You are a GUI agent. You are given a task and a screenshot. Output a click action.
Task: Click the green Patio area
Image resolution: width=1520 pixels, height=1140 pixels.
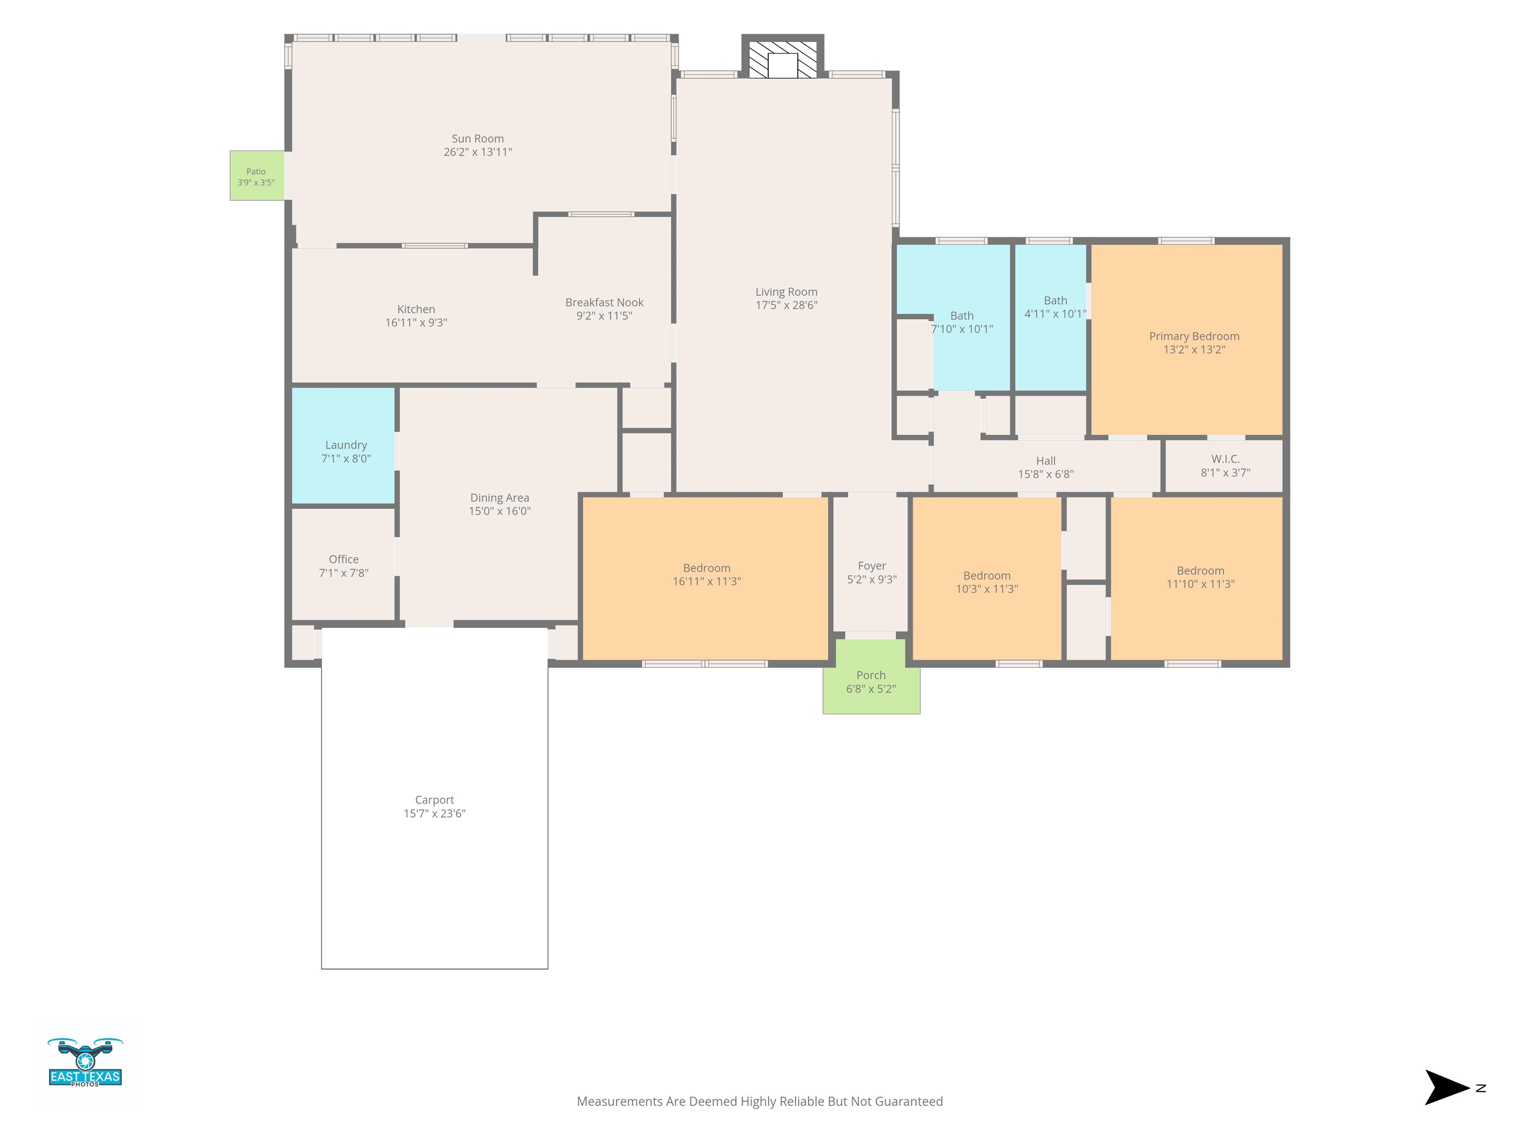[x=257, y=176]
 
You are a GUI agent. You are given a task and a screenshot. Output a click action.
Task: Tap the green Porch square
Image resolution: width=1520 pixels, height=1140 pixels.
[x=871, y=677]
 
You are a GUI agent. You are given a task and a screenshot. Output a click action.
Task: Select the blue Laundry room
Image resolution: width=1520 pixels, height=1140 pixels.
[x=343, y=446]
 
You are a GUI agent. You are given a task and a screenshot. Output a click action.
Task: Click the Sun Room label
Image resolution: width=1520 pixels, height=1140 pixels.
[x=477, y=139]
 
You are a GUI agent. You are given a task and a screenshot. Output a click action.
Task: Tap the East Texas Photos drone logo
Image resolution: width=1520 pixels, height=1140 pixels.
[x=85, y=1062]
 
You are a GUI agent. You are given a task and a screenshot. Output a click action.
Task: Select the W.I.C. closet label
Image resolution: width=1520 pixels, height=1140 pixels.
[x=1225, y=459]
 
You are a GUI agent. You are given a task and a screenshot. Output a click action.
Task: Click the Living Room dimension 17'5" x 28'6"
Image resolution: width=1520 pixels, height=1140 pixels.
[x=786, y=305]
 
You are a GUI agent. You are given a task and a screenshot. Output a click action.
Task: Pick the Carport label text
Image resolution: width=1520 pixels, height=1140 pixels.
[x=434, y=800]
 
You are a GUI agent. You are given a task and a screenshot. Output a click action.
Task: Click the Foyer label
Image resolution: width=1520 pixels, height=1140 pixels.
[x=871, y=566]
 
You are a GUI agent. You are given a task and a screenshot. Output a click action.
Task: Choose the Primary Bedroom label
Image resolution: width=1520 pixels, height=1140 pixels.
[x=1194, y=336]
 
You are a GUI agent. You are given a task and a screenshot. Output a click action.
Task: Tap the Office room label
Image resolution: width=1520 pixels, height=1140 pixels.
[x=343, y=559]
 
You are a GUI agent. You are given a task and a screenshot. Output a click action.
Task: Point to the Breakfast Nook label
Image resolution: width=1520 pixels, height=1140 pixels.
[x=604, y=302]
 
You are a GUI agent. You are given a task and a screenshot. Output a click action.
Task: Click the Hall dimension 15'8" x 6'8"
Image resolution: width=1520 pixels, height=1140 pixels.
[x=1046, y=474]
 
